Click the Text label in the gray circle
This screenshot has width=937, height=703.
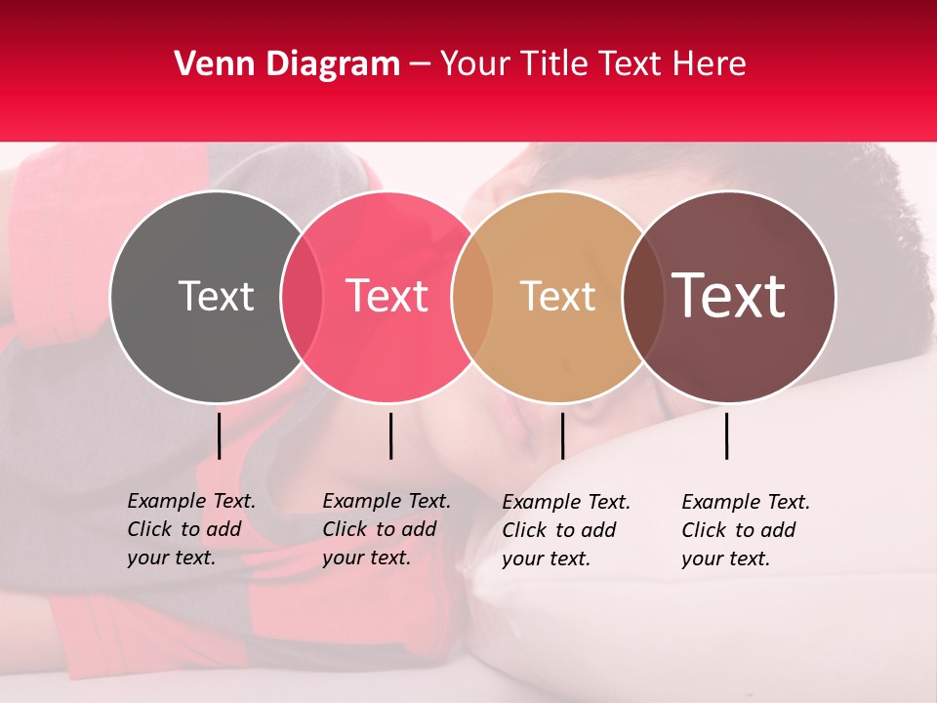click(216, 296)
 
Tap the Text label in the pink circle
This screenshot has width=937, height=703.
click(387, 296)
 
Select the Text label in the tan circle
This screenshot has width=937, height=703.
click(557, 296)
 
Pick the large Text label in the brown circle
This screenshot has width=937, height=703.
click(729, 296)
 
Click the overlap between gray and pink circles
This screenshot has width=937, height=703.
click(301, 296)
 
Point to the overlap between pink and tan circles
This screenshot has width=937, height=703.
click(472, 296)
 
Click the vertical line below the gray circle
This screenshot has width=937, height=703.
click(219, 435)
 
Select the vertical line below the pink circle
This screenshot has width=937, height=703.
click(390, 435)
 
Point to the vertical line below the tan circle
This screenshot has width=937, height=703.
click(562, 435)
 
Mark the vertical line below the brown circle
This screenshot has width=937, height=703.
click(726, 435)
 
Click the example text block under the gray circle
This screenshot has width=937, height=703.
click(190, 529)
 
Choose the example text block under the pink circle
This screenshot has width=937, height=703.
click(386, 529)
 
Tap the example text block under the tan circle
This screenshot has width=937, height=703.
click(565, 530)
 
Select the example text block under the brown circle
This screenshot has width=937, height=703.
click(745, 530)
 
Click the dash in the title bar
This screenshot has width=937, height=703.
click(420, 64)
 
